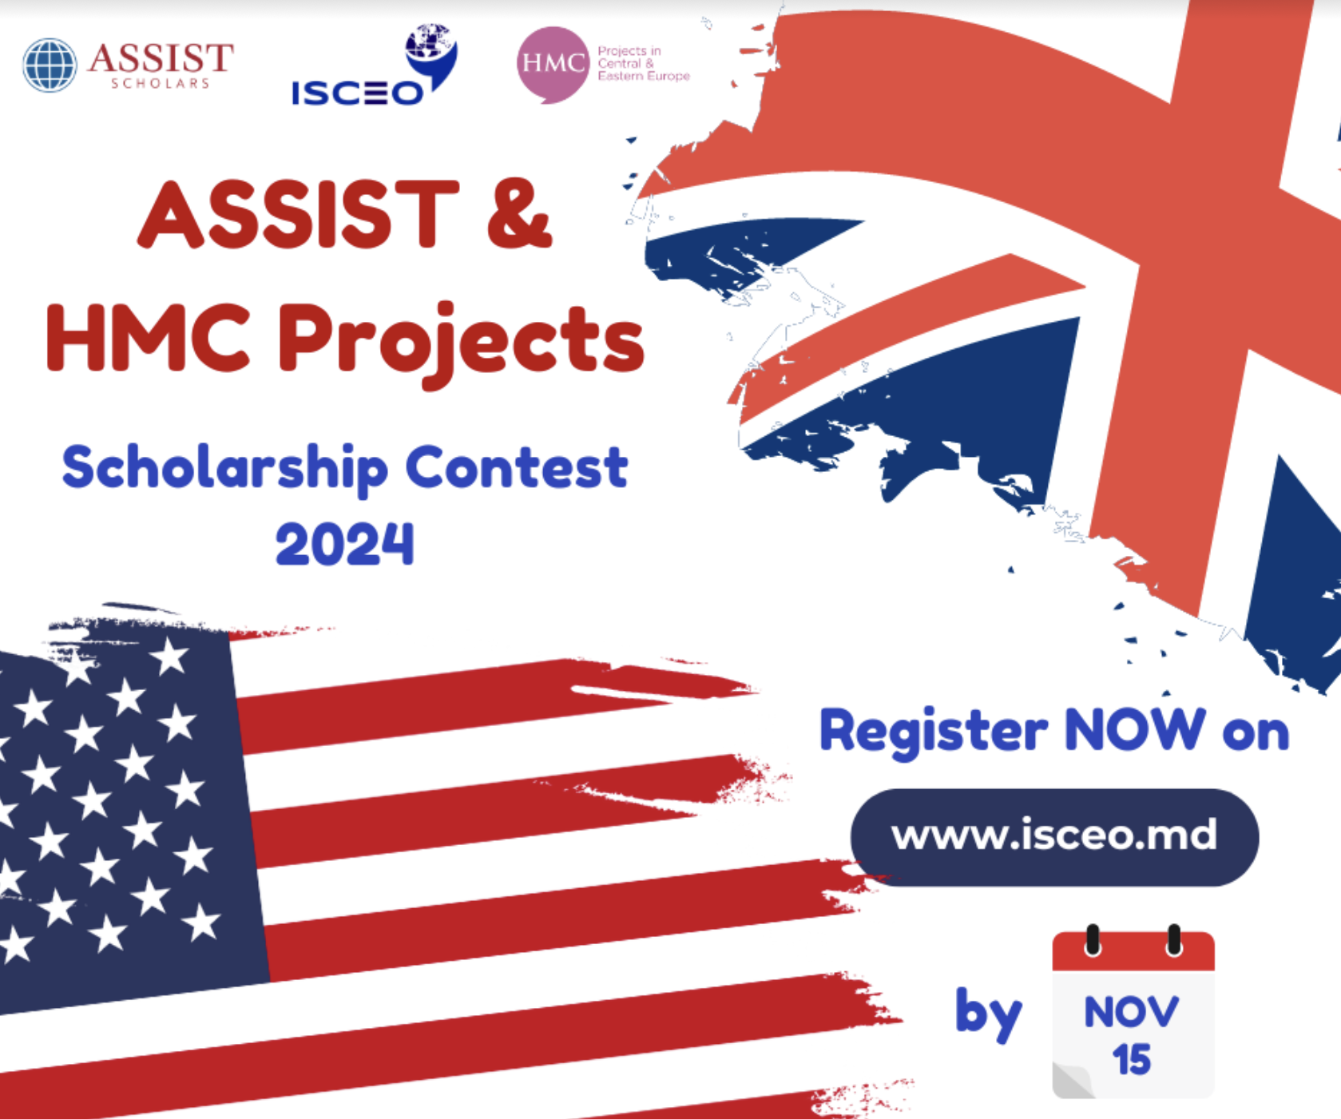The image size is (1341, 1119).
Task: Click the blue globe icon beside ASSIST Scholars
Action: (50, 65)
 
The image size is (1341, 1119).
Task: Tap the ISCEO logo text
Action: (357, 93)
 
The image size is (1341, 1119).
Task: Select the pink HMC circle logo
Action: (553, 64)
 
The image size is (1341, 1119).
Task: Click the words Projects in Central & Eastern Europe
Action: (643, 63)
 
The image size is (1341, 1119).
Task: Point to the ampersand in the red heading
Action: (519, 214)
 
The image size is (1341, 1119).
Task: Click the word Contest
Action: (517, 467)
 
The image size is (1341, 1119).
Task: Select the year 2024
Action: (345, 544)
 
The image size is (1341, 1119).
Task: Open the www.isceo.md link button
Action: (1054, 837)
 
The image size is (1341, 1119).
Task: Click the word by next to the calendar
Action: (989, 1014)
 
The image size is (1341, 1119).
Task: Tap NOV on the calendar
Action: (1131, 1012)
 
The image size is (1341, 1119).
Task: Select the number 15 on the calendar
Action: (1132, 1060)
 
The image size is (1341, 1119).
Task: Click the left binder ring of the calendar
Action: (1093, 940)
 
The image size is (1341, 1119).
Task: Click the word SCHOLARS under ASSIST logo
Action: (160, 84)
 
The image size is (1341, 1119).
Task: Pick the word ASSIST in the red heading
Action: (299, 213)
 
